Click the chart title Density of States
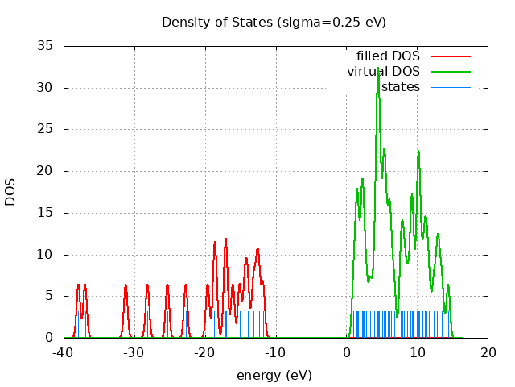[x=274, y=22]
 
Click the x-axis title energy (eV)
[x=274, y=375]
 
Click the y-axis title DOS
[x=10, y=192]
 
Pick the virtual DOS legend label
[x=383, y=72]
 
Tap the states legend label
[x=401, y=87]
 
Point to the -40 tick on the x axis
[x=64, y=352]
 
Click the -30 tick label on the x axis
[x=134, y=352]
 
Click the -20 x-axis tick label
[x=205, y=352]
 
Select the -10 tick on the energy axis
[x=276, y=352]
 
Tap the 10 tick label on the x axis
[x=418, y=352]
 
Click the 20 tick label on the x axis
[x=488, y=352]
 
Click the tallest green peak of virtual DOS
[x=377, y=69]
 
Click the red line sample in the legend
[x=450, y=56]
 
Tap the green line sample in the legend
[x=450, y=72]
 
